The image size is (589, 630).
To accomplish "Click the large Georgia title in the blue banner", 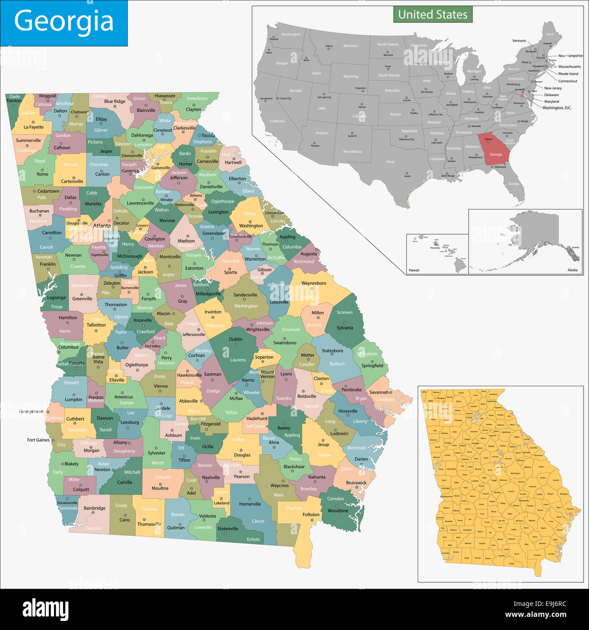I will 63,22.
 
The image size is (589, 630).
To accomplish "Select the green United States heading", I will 433,15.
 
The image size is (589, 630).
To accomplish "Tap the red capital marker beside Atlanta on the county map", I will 109,221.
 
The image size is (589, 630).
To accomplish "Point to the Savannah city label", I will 379,393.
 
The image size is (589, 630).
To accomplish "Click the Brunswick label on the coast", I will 356,483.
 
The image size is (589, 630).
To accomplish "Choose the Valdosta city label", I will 208,516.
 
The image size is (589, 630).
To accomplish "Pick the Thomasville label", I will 149,524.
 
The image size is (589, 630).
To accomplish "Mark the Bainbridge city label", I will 95,508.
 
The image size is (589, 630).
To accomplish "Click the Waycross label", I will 280,485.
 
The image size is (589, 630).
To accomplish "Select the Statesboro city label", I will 332,351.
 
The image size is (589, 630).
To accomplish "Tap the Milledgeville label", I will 208,294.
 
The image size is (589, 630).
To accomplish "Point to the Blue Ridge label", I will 115,102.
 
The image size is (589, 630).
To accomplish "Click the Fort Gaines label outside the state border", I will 38,440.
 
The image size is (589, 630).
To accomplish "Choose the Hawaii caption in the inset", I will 414,270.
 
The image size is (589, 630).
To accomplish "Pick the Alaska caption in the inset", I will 572,270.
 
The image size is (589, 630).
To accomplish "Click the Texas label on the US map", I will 390,162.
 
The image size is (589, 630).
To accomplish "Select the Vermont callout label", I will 519,41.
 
